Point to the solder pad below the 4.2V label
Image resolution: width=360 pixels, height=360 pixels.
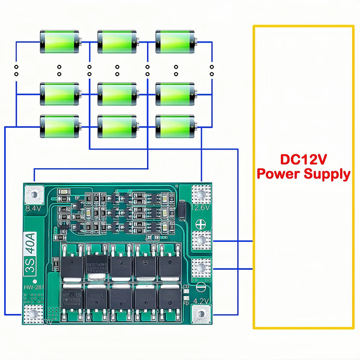[x=201, y=314]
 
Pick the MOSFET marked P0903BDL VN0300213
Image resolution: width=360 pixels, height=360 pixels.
[x=72, y=297]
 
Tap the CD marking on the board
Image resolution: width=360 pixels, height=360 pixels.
[x=186, y=287]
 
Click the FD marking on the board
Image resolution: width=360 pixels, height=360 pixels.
[x=186, y=303]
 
